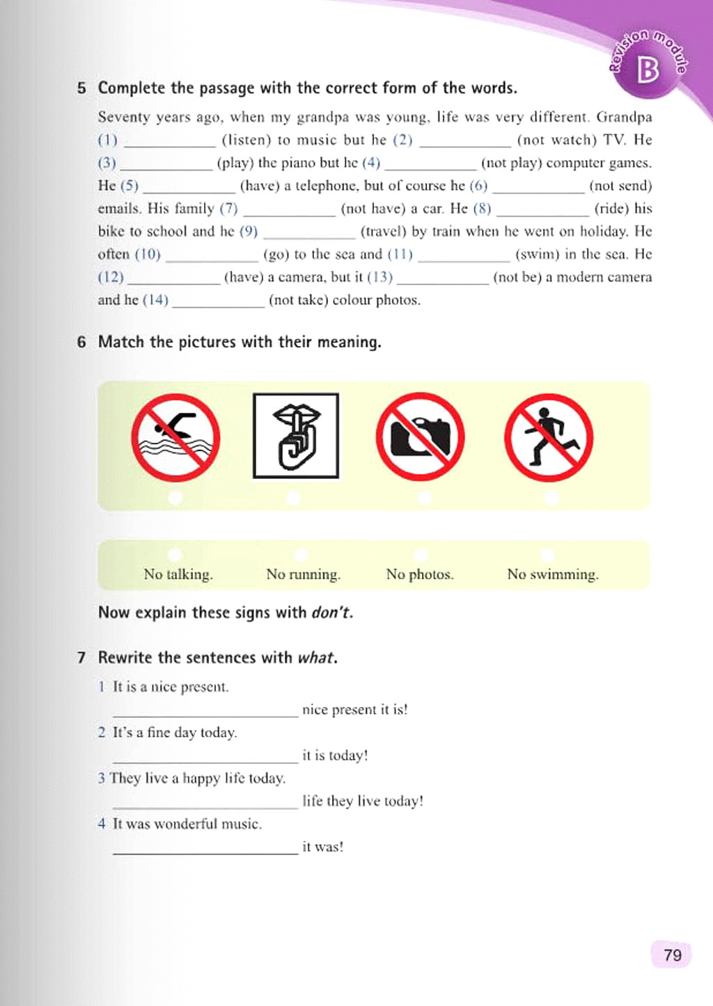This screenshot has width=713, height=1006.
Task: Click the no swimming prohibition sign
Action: [x=175, y=437]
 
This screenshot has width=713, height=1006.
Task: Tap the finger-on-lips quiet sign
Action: [x=296, y=436]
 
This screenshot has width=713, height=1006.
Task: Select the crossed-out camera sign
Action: [x=420, y=437]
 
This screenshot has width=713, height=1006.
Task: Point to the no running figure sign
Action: [x=549, y=437]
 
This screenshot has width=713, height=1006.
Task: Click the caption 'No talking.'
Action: [x=178, y=574]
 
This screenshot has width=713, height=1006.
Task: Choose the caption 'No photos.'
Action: [x=420, y=574]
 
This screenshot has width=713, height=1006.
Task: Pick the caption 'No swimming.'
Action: [x=553, y=574]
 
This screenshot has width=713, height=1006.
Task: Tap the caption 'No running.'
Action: [x=304, y=574]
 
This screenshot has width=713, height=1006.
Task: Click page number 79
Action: [x=672, y=954]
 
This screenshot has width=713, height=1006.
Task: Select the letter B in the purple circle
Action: [x=648, y=69]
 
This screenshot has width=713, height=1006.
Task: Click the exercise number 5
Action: [x=82, y=88]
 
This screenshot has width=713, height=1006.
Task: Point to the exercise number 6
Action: [x=82, y=342]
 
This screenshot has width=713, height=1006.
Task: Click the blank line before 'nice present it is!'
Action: [x=205, y=712]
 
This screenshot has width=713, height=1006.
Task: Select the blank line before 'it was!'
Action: [x=205, y=849]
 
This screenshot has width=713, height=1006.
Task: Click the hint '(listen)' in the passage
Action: [x=246, y=140]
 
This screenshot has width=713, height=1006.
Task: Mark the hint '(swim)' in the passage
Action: [x=537, y=254]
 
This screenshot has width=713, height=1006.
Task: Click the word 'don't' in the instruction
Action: [x=331, y=613]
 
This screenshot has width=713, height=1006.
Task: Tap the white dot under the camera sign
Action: [x=424, y=498]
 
